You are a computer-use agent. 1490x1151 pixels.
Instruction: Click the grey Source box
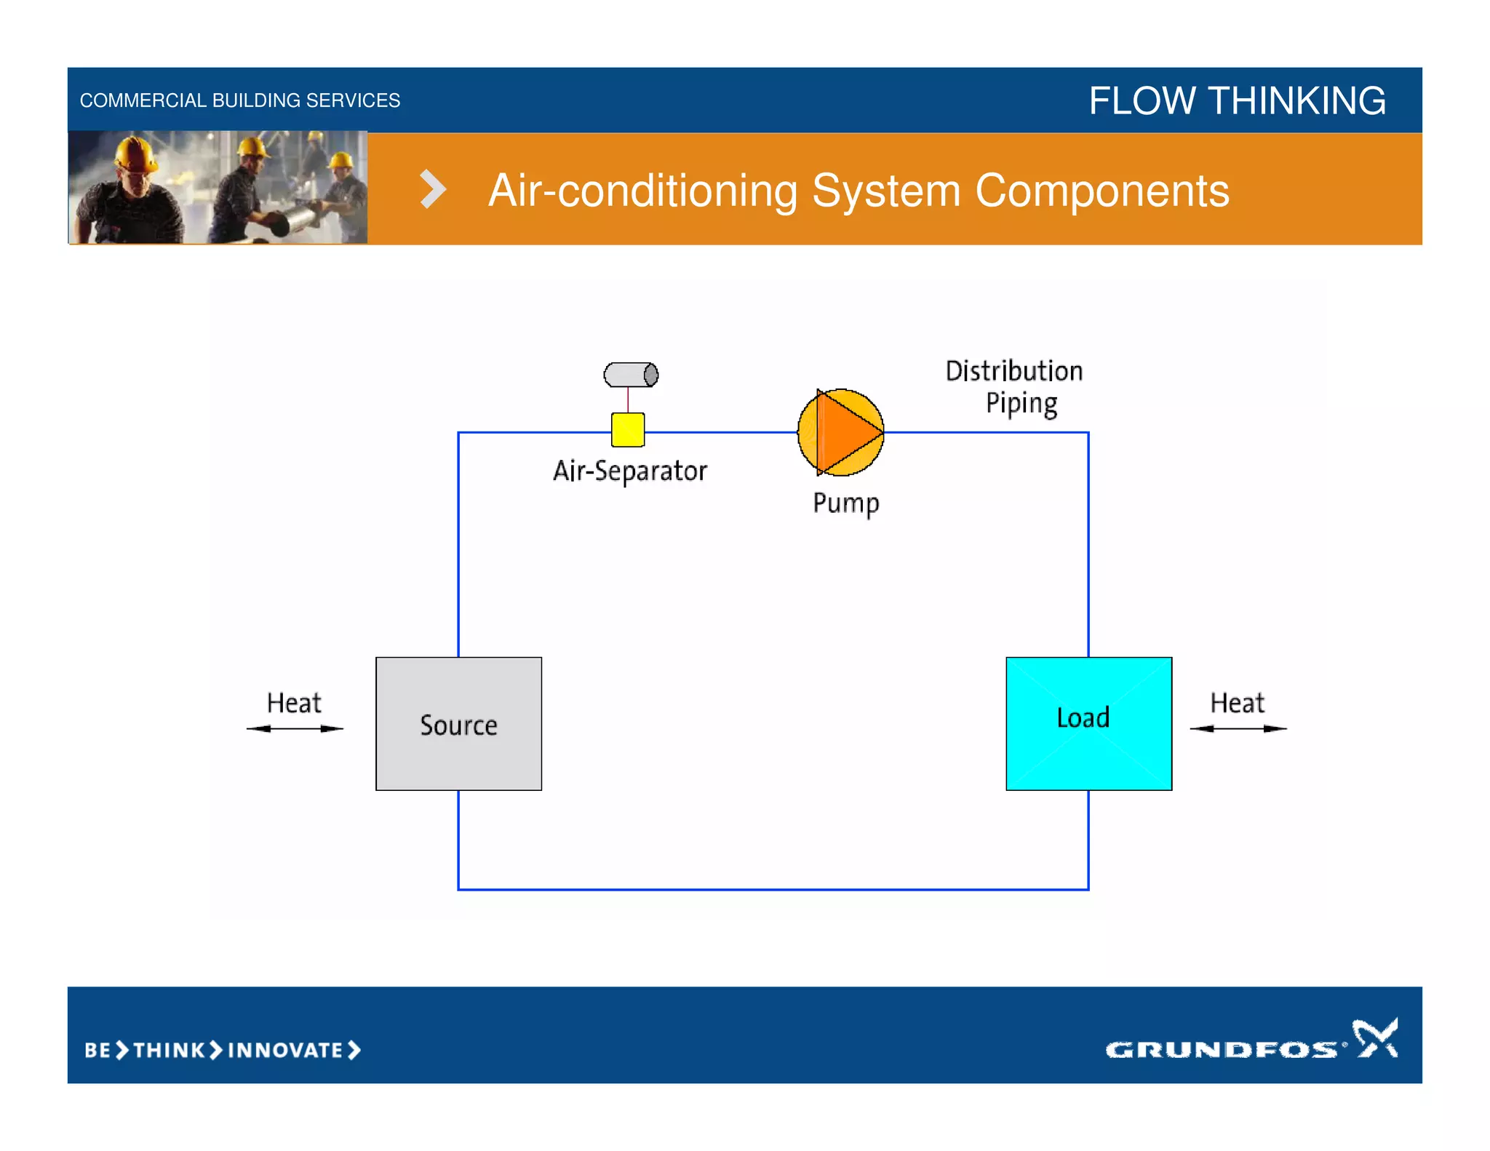pyautogui.click(x=458, y=723)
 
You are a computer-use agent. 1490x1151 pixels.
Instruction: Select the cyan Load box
pyautogui.click(x=1088, y=723)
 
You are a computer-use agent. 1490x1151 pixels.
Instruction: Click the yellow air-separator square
pyautogui.click(x=628, y=429)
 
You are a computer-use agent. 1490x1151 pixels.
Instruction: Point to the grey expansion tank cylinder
pyautogui.click(x=631, y=375)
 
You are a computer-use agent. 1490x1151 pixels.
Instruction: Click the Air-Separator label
pyautogui.click(x=630, y=471)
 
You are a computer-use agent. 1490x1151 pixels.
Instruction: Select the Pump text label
pyautogui.click(x=845, y=503)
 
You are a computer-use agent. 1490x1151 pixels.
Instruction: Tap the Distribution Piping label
pyautogui.click(x=1015, y=386)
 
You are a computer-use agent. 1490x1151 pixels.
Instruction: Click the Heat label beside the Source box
pyautogui.click(x=294, y=703)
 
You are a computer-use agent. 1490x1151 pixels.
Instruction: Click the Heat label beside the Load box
pyautogui.click(x=1237, y=703)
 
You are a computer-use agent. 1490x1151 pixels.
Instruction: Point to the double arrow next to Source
pyautogui.click(x=295, y=728)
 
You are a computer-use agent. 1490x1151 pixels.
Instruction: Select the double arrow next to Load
pyautogui.click(x=1238, y=728)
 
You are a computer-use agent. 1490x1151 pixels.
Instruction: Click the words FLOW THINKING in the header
pyautogui.click(x=1237, y=100)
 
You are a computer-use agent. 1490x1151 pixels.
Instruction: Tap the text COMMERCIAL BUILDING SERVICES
pyautogui.click(x=240, y=100)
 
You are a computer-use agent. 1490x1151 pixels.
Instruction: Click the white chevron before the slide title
pyautogui.click(x=433, y=189)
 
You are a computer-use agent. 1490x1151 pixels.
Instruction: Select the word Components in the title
pyautogui.click(x=1101, y=191)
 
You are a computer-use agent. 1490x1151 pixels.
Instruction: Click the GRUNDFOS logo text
pyautogui.click(x=1221, y=1049)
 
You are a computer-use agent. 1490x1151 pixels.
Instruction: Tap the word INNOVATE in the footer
pyautogui.click(x=285, y=1050)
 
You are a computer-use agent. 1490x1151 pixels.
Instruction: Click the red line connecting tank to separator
pyautogui.click(x=628, y=399)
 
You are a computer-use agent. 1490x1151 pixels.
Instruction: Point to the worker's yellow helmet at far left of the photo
pyautogui.click(x=135, y=154)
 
